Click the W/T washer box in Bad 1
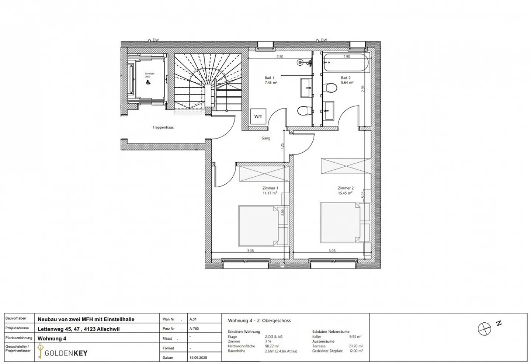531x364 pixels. [258, 116]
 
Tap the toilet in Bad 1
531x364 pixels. [303, 110]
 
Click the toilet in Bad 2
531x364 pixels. [330, 88]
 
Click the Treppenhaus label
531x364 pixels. [163, 128]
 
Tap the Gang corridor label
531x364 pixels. [265, 138]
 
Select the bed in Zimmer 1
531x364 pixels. [258, 226]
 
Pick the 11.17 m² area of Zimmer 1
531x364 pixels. [270, 193]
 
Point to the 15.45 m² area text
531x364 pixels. [345, 193]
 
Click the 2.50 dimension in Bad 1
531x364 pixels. [280, 57]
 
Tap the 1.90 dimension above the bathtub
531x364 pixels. [347, 57]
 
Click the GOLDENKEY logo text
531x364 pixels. [66, 353]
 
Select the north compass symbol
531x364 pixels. [484, 329]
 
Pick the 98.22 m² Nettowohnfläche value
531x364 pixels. [271, 346]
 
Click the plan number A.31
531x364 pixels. [193, 319]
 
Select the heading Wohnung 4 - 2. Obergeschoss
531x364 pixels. [259, 320]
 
